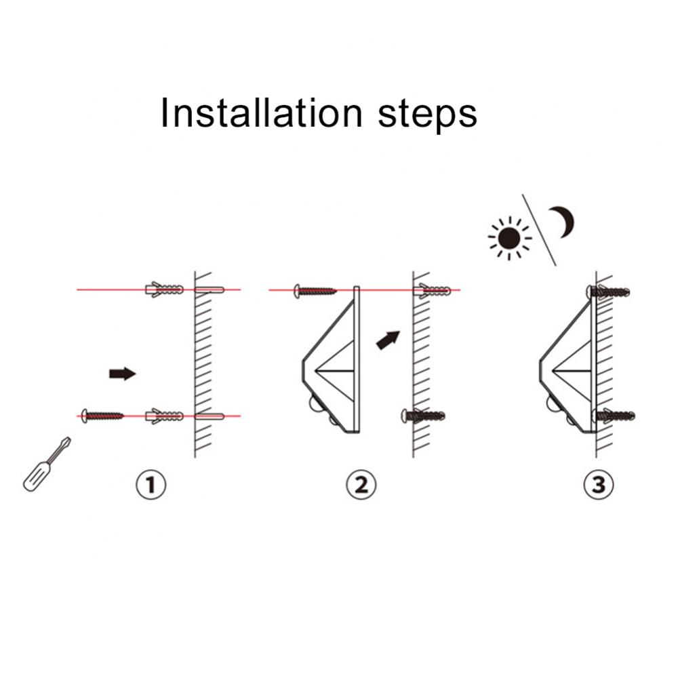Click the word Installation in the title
click(x=261, y=113)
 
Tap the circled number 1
click(x=151, y=485)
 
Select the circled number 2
click(x=361, y=485)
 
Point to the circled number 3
click(x=599, y=485)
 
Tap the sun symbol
click(x=509, y=238)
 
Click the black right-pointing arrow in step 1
click(x=122, y=374)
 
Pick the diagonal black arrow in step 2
click(x=388, y=340)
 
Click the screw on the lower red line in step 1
click(x=102, y=416)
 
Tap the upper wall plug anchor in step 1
click(x=164, y=290)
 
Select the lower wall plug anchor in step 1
click(x=164, y=416)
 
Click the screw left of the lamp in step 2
click(x=315, y=291)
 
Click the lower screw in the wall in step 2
click(x=423, y=416)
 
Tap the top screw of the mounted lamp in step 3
click(x=608, y=292)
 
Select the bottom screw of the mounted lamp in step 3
click(x=613, y=416)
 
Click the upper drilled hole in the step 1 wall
click(x=210, y=290)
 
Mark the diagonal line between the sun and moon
click(x=539, y=230)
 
